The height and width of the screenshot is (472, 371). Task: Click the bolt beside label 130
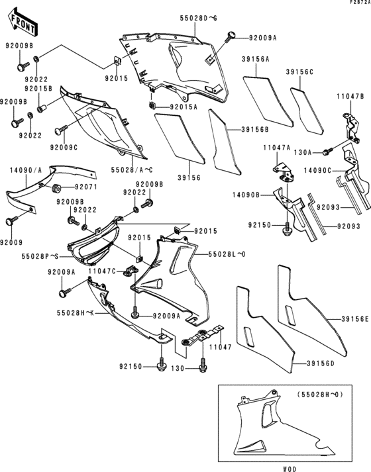[202, 361]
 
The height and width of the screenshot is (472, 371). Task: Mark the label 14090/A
[22, 170]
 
